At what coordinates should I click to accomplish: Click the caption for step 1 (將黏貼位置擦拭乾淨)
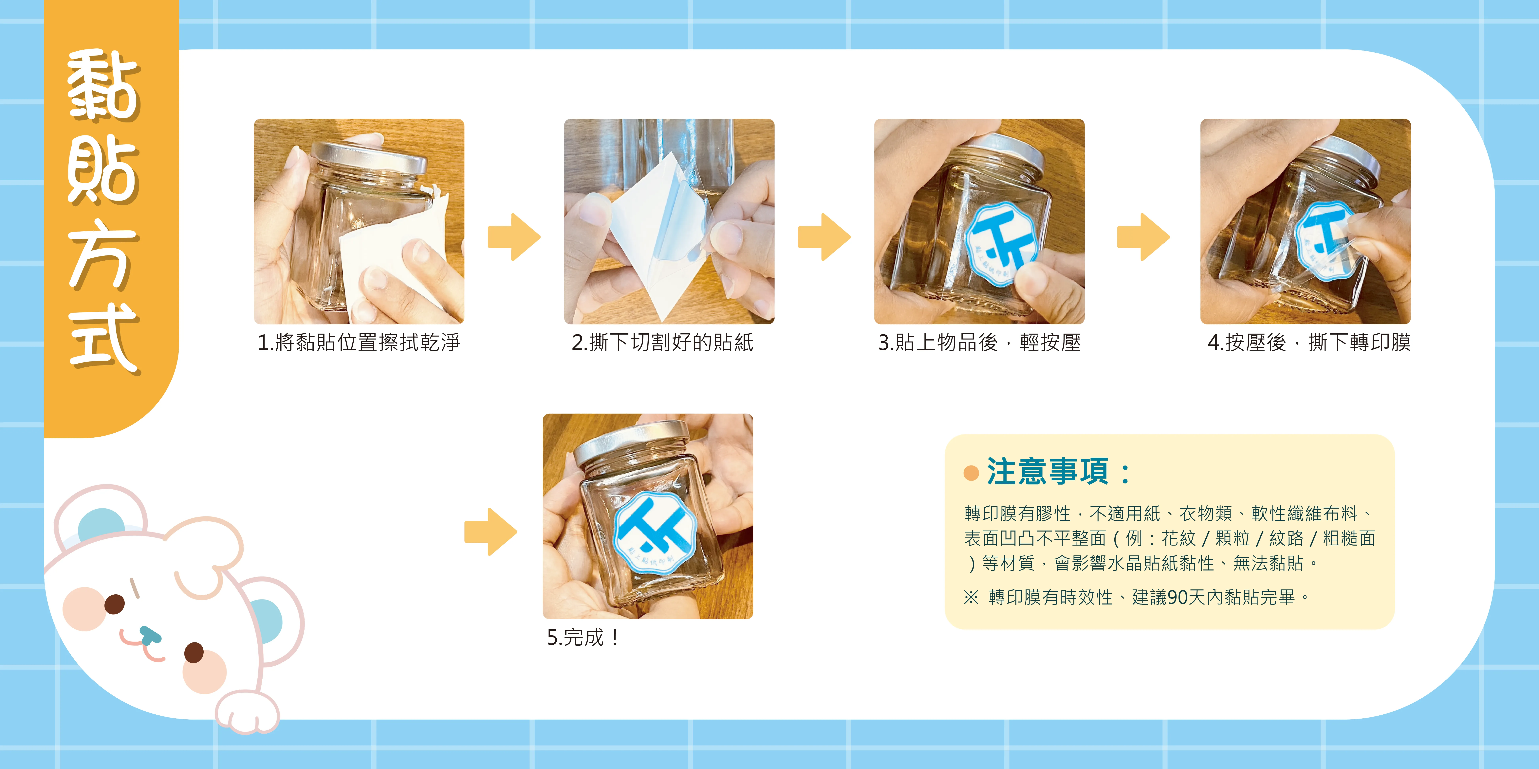point(359,343)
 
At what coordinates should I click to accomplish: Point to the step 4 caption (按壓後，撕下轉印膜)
point(1308,343)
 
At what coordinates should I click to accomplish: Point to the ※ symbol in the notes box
point(972,597)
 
